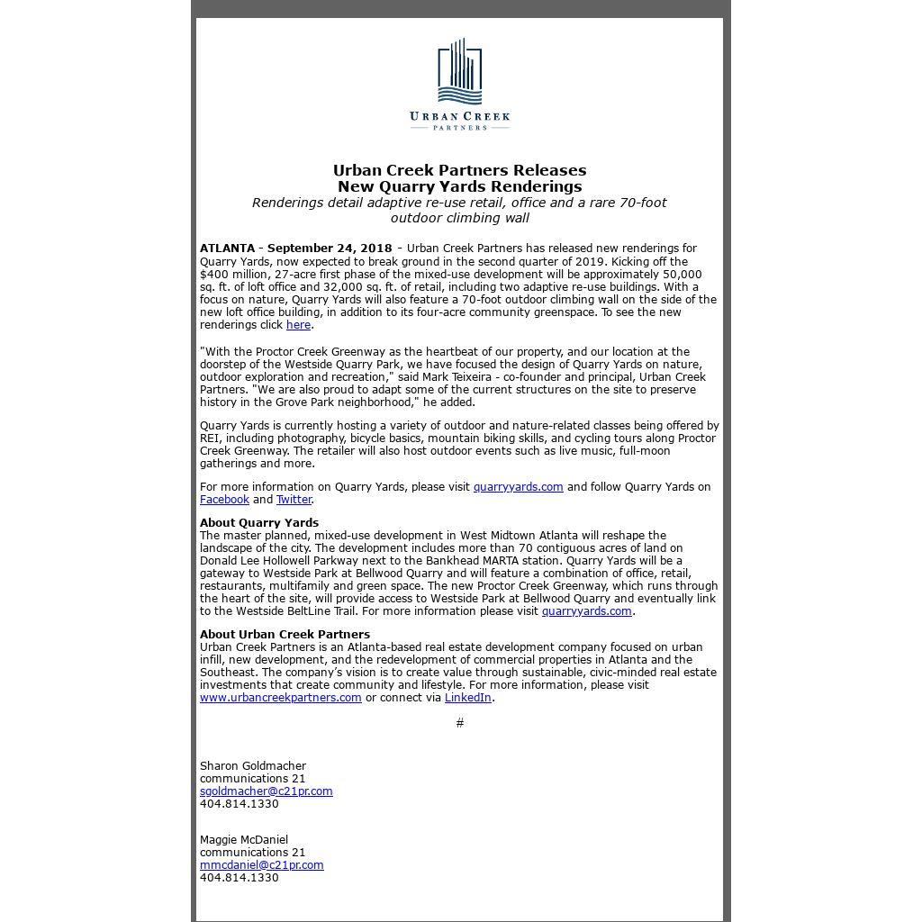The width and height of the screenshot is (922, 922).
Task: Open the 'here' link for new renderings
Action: pyautogui.click(x=298, y=325)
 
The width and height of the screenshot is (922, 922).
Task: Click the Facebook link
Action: pyautogui.click(x=224, y=500)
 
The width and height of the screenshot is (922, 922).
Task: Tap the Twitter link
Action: pyautogui.click(x=294, y=500)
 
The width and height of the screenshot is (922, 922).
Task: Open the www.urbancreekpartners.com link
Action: pyautogui.click(x=280, y=698)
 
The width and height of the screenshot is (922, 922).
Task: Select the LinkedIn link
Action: pyautogui.click(x=467, y=698)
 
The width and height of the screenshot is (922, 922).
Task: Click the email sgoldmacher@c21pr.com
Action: pyautogui.click(x=266, y=791)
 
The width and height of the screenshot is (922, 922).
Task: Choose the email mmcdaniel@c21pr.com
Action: pyautogui.click(x=261, y=865)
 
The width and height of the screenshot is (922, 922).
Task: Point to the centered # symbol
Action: pyautogui.click(x=460, y=723)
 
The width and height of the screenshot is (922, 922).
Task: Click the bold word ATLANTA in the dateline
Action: pyautogui.click(x=227, y=249)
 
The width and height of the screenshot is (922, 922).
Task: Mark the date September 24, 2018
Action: pyautogui.click(x=330, y=249)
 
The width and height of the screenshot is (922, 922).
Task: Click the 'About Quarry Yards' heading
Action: pyautogui.click(x=259, y=523)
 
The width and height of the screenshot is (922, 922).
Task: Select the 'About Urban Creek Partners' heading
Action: pyautogui.click(x=285, y=635)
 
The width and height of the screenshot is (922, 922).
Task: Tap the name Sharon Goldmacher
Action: pyautogui.click(x=253, y=766)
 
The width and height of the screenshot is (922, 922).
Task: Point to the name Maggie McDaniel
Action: pyautogui.click(x=244, y=840)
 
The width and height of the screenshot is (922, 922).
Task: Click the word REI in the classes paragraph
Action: pyautogui.click(x=210, y=438)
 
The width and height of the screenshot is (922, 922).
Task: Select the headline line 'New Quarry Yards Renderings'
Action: pyautogui.click(x=459, y=186)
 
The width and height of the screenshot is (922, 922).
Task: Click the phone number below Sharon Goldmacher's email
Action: pyautogui.click(x=239, y=804)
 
